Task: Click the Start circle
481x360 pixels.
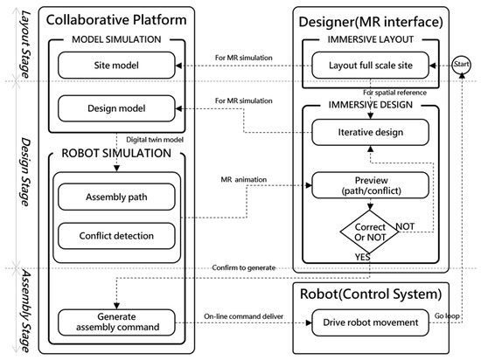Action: [461, 65]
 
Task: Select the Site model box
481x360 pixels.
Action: [116, 66]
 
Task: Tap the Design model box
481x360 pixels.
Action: [116, 108]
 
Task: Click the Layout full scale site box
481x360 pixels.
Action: [370, 66]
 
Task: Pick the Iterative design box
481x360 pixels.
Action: [370, 132]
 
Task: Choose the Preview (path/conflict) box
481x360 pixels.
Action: [370, 185]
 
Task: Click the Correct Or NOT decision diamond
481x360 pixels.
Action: [370, 232]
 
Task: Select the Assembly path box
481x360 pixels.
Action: [116, 197]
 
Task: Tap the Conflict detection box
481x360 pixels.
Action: [116, 236]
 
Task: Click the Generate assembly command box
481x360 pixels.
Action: [116, 322]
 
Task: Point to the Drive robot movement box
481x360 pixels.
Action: [370, 322]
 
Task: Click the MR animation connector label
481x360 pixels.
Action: [244, 179]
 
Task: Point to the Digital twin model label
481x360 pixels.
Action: [155, 140]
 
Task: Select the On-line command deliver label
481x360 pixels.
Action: [244, 316]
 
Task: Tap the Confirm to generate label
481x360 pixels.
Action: [244, 267]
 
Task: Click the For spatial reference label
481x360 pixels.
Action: [394, 93]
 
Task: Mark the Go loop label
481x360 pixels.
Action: [447, 316]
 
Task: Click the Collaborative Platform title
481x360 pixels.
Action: [116, 20]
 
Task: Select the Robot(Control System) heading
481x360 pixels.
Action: [371, 294]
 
